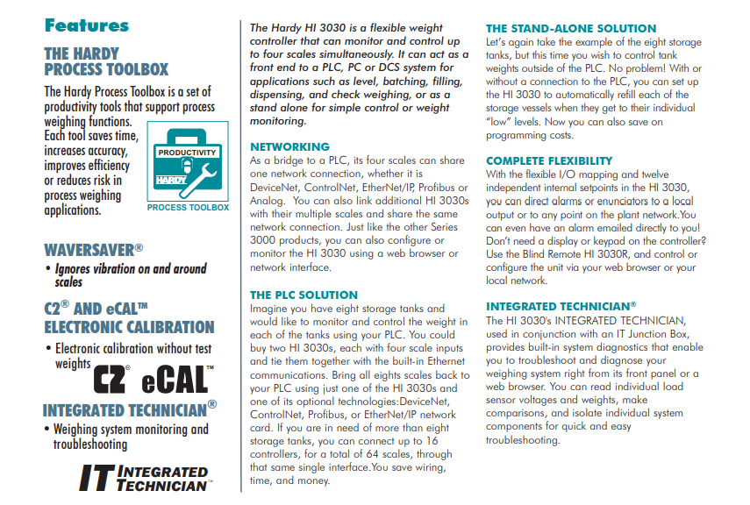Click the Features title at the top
click(x=86, y=25)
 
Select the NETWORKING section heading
click(x=289, y=146)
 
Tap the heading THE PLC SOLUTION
click(x=304, y=295)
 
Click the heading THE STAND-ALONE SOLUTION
click(x=571, y=28)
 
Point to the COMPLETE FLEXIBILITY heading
click(x=549, y=160)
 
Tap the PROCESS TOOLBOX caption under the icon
click(x=188, y=208)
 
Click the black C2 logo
click(x=113, y=379)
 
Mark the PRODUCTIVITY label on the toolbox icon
click(x=187, y=152)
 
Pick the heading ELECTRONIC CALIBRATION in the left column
click(x=129, y=327)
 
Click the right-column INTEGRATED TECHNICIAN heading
click(x=561, y=306)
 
